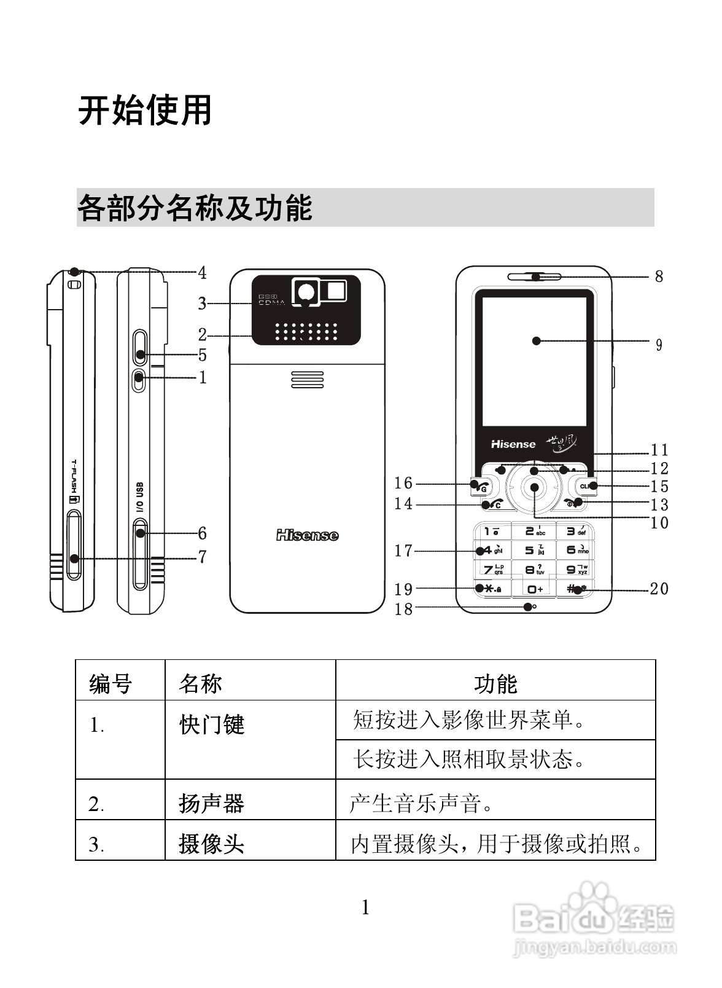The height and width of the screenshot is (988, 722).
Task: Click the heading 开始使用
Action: tap(145, 111)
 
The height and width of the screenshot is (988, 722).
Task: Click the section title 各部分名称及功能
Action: tap(195, 208)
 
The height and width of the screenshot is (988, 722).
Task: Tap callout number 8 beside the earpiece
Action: tap(659, 276)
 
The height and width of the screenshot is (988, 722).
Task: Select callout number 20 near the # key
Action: tap(659, 589)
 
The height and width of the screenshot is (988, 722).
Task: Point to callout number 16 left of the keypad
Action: tap(403, 484)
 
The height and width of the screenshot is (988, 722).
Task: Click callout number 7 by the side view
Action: tap(202, 557)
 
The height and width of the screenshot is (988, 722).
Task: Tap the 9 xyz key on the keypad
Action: tap(576, 570)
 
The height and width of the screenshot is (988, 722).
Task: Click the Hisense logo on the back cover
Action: tap(307, 536)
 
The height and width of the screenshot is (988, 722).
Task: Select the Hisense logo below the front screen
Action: tap(513, 444)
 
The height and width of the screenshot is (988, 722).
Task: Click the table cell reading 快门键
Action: tap(212, 725)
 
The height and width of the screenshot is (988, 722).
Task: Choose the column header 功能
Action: tap(495, 683)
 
